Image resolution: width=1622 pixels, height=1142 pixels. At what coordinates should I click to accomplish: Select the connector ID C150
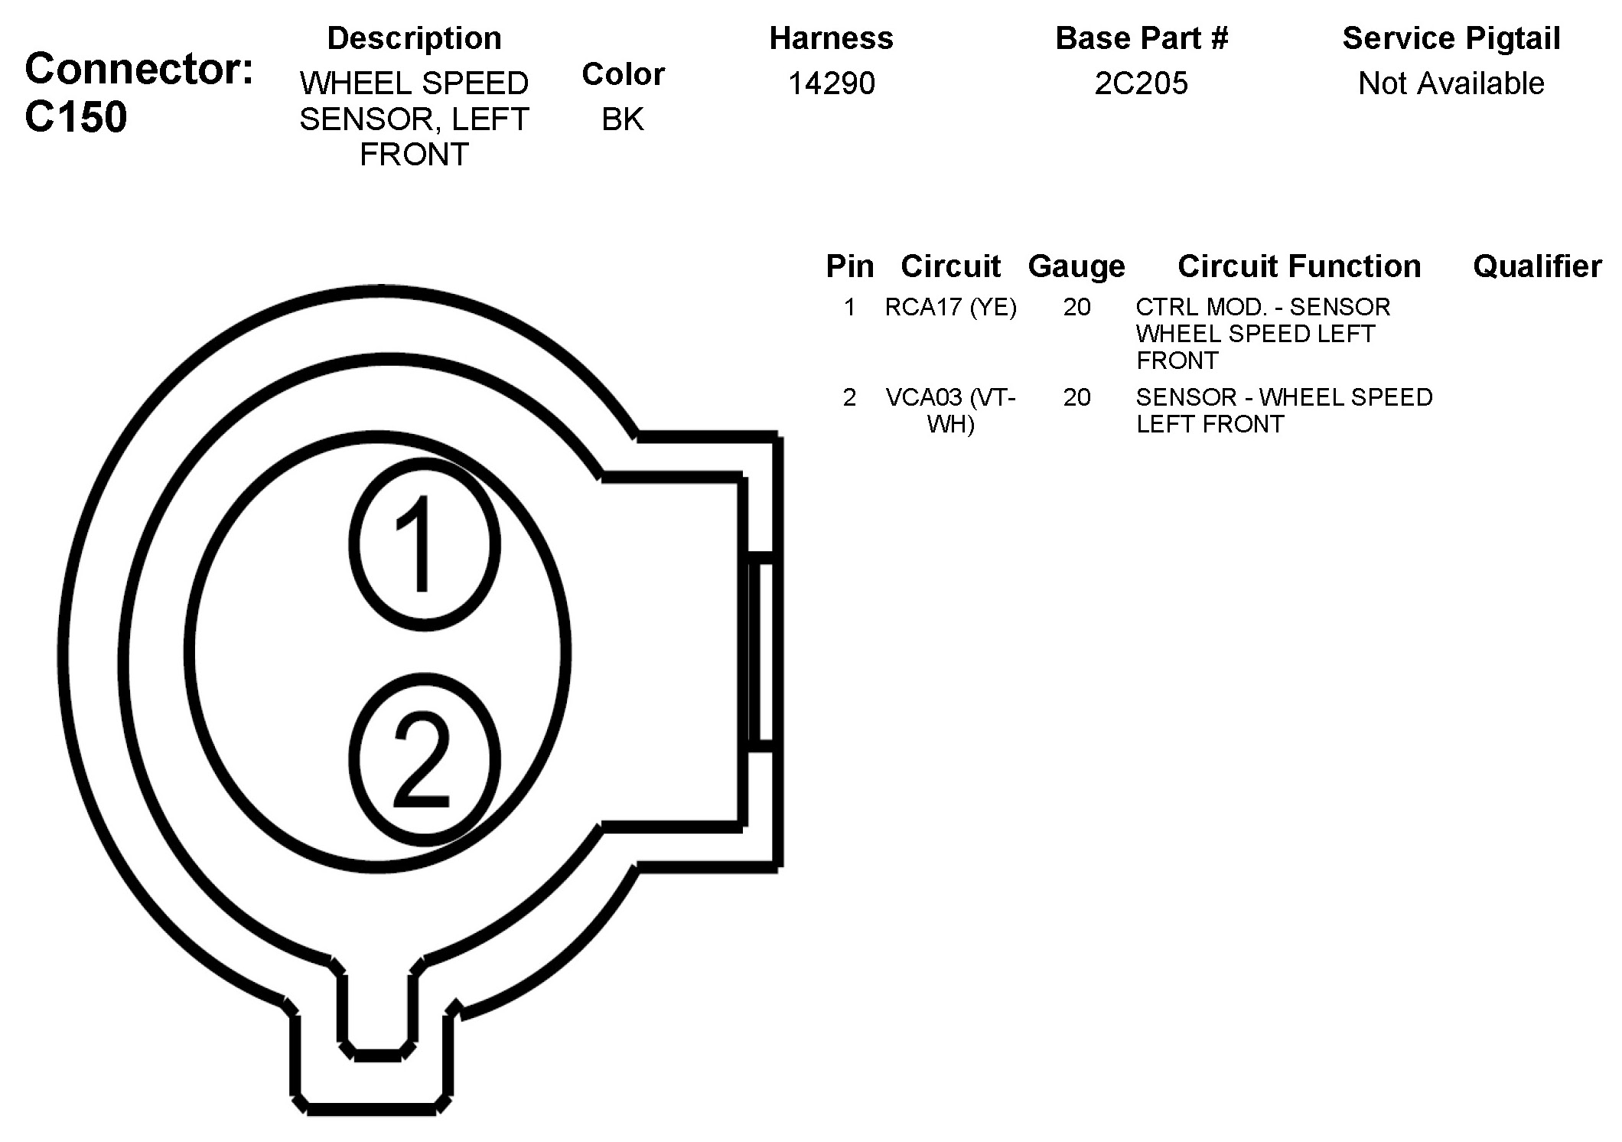point(76,117)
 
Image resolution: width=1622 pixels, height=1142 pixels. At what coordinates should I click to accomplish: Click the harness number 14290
point(832,83)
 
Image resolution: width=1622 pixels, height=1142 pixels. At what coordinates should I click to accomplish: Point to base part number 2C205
point(1142,83)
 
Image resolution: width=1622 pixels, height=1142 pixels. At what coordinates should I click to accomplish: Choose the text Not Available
point(1451,83)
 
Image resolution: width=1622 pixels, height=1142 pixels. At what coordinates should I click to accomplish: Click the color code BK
point(623,119)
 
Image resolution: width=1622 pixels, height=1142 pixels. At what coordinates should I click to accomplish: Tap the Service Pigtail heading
point(1451,38)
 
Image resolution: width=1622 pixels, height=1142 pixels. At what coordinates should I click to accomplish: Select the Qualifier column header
point(1537,266)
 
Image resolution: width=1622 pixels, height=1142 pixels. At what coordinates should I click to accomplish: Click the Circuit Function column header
point(1299,266)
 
